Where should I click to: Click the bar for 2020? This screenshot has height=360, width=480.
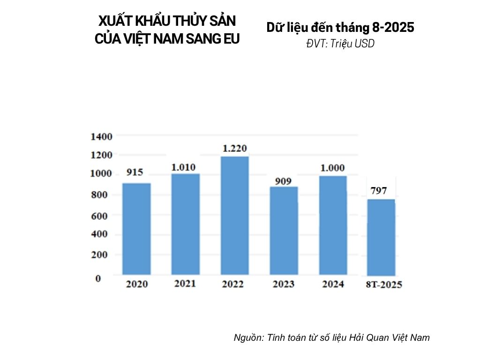click(x=136, y=228)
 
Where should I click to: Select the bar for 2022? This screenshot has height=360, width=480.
click(x=235, y=215)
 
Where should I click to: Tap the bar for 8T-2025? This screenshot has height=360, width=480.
click(x=381, y=237)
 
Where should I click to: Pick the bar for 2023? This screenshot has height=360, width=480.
click(x=284, y=230)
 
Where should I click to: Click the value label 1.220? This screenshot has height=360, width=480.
click(x=235, y=149)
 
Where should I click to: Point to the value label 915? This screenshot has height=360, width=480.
click(x=135, y=172)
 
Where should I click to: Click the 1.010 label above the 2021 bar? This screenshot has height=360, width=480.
click(x=183, y=167)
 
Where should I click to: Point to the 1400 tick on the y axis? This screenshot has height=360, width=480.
click(x=101, y=136)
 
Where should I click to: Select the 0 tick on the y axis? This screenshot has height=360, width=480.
click(x=98, y=278)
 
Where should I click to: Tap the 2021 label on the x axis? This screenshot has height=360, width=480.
click(x=185, y=284)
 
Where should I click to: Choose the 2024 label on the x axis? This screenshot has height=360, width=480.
click(x=333, y=284)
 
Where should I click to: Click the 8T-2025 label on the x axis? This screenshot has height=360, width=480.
click(x=384, y=285)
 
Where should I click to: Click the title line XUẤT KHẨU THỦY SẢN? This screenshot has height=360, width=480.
click(x=167, y=21)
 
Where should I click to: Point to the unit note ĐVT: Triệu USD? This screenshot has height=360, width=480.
click(x=340, y=43)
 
